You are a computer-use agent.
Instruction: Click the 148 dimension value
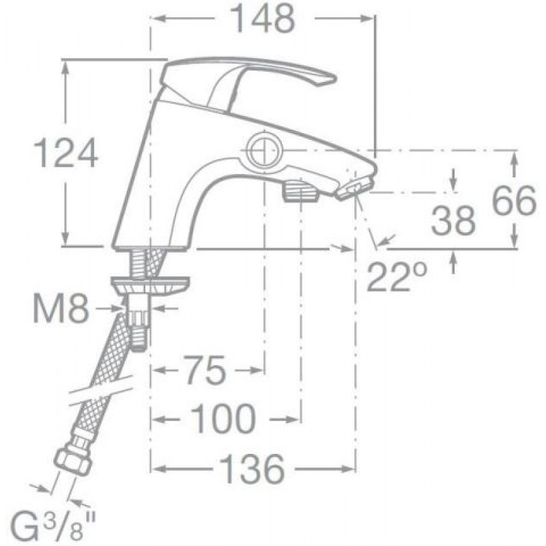263,19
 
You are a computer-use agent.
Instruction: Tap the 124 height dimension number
65,153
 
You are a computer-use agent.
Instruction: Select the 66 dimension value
515,200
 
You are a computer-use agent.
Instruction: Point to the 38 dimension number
453,220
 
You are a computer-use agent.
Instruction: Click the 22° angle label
397,277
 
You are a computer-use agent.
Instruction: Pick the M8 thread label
61,308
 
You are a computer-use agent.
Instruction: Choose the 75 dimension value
205,371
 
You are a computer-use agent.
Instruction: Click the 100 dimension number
223,418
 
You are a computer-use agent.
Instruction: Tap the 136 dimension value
253,469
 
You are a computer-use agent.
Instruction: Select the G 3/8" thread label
53,526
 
